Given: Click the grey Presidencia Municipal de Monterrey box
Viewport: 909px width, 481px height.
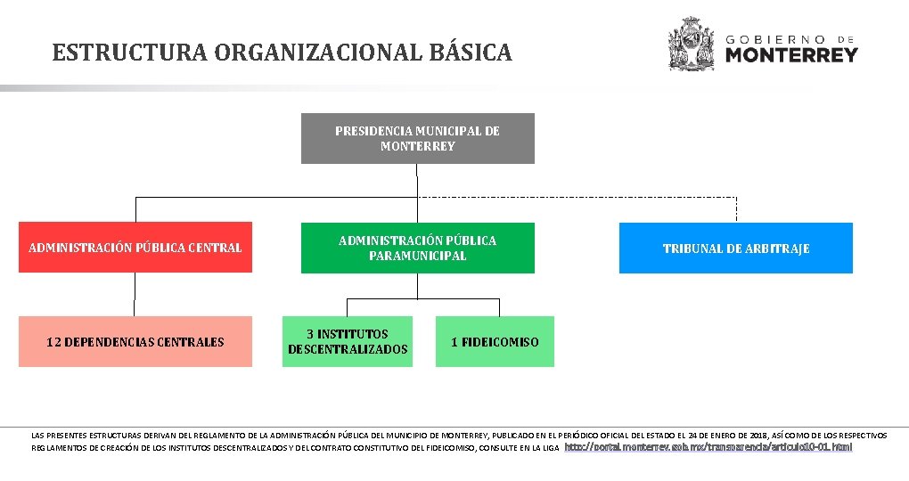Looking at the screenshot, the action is [417, 138].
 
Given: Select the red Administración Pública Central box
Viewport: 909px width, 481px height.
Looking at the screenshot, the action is [135, 247].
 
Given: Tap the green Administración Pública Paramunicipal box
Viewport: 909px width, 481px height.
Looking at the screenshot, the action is [417, 248].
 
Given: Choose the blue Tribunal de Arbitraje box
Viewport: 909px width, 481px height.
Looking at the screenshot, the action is [735, 248].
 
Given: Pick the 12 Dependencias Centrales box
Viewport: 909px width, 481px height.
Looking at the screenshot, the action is [135, 341].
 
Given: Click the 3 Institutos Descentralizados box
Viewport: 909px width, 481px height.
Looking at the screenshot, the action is [348, 341].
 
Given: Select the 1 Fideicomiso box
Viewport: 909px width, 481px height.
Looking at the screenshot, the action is [495, 341].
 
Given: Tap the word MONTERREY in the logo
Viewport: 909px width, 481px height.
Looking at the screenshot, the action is [791, 55].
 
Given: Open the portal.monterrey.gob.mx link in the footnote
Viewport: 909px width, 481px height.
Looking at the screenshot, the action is [708, 447].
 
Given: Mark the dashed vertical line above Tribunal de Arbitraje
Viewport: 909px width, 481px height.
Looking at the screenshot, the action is [736, 208].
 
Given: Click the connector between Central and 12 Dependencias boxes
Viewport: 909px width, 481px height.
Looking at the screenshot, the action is [135, 294].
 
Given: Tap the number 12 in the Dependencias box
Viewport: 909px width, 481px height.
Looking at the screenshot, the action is [53, 342].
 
